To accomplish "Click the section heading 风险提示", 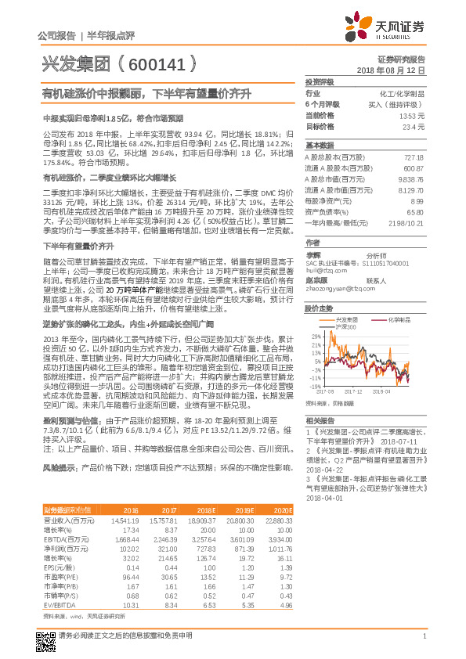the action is pos(59,467).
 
